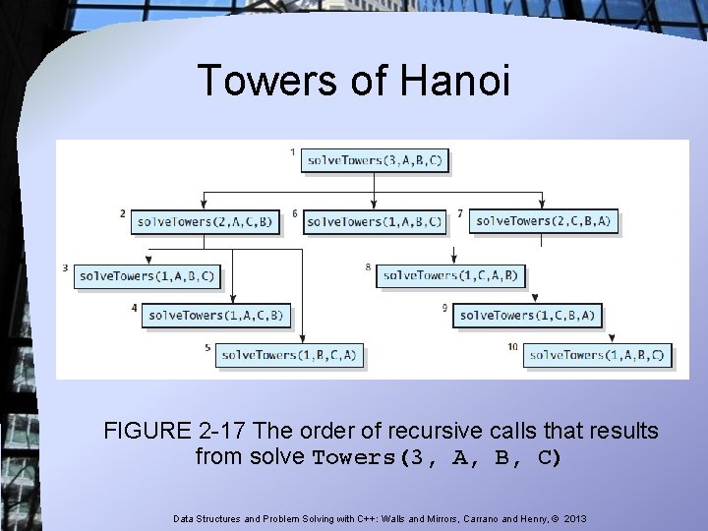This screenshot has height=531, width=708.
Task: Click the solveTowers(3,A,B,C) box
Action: tap(375, 159)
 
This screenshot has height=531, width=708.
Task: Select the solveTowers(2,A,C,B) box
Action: tap(205, 221)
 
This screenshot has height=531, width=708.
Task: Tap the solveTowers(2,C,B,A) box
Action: tap(543, 221)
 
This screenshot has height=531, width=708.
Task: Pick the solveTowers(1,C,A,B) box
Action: tap(448, 275)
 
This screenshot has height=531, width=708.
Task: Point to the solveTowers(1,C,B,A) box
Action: tap(526, 316)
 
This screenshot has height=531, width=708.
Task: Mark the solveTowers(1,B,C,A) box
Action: tap(289, 354)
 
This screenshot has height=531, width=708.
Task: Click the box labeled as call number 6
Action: tap(375, 222)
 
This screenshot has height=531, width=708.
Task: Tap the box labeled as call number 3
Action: tap(147, 276)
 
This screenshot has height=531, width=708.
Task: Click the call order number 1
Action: tap(293, 151)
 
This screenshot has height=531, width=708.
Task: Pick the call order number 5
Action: tap(207, 347)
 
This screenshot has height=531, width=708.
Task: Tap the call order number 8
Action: tap(368, 266)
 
